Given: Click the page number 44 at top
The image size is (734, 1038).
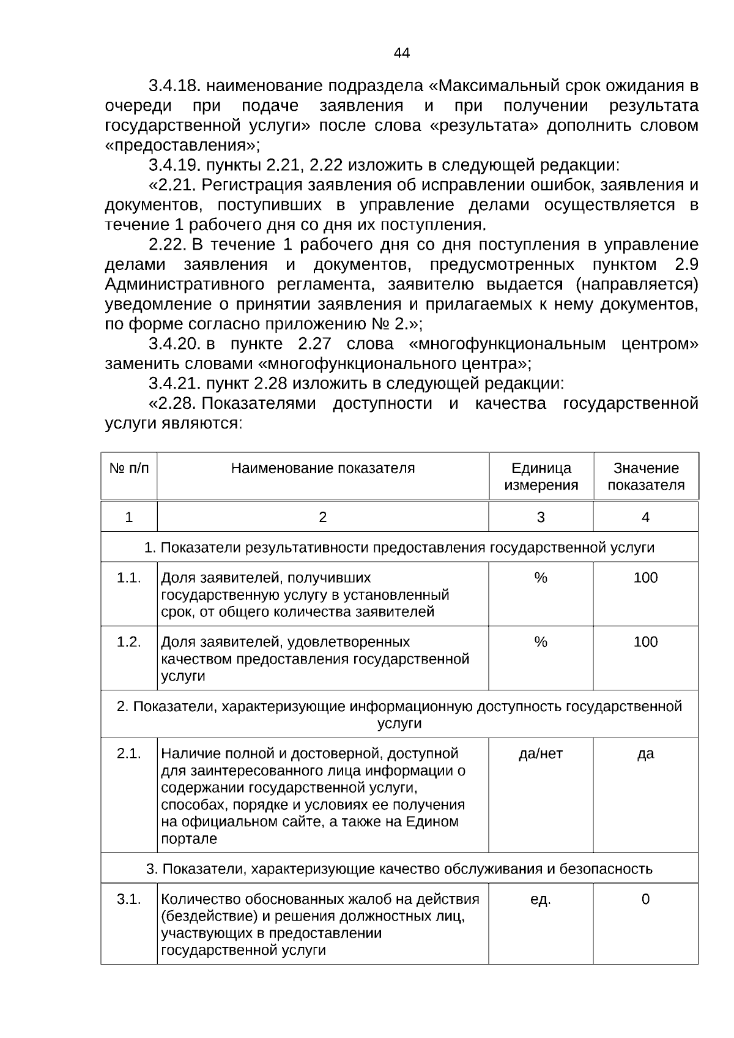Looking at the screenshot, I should click(x=401, y=53).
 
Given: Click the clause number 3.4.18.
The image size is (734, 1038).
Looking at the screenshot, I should click(x=174, y=86).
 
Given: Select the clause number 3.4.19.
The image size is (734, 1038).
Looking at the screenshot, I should click(x=174, y=165).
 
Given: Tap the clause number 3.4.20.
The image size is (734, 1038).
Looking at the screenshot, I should click(x=174, y=344).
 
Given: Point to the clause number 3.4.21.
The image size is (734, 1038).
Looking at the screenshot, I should click(x=174, y=384).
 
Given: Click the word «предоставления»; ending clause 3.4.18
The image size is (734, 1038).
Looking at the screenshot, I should click(x=182, y=146).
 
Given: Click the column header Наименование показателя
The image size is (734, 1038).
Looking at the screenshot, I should click(x=322, y=469).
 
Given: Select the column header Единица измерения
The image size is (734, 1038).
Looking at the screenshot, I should click(x=541, y=477).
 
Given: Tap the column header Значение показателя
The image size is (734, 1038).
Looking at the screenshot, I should click(x=646, y=477).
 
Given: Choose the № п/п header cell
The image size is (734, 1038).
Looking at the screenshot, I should click(x=128, y=469).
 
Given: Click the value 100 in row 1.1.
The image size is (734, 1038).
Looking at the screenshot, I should click(x=645, y=578).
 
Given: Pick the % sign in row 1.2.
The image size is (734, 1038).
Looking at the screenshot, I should click(x=541, y=642).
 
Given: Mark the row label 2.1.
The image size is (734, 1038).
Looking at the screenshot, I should click(x=128, y=754).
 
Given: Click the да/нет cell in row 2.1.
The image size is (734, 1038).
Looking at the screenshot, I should click(x=541, y=754).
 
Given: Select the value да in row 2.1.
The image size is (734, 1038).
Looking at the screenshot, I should click(x=645, y=754).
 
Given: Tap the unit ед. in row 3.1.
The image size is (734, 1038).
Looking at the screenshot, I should click(x=541, y=900).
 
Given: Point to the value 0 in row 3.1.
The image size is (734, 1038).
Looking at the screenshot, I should click(x=645, y=900).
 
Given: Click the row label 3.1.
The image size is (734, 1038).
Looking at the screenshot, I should click(x=128, y=900).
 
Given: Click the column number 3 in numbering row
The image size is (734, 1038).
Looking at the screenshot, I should click(x=541, y=518).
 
